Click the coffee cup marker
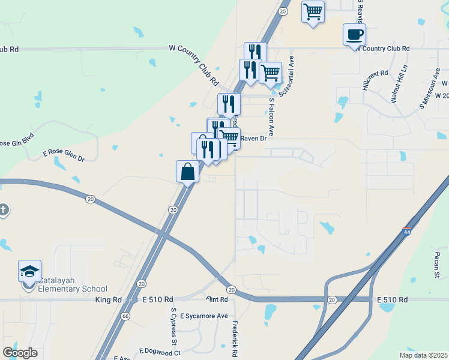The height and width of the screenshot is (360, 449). [354, 34]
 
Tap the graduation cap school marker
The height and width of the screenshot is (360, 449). [30, 272]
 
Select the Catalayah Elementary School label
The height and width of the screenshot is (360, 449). [72, 284]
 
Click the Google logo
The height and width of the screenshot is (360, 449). [20, 353]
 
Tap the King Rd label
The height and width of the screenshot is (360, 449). [108, 299]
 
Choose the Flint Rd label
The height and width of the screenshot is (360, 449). [217, 299]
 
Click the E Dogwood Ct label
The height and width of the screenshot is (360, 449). [160, 351]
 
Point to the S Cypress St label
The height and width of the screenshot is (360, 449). [175, 327]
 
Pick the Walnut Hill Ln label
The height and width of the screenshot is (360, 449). [399, 85]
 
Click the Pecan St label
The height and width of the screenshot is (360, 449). [438, 261]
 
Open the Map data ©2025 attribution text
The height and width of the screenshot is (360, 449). [423, 355]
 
